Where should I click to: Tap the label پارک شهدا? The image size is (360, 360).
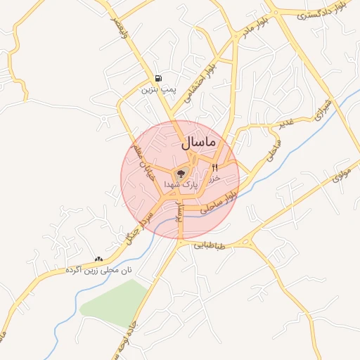[x=181, y=184]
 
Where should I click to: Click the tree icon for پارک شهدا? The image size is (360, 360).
[x=181, y=172]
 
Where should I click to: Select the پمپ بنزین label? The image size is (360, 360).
[x=157, y=90]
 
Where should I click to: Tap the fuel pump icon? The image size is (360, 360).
[x=159, y=78]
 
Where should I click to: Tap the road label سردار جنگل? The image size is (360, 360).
[x=138, y=227]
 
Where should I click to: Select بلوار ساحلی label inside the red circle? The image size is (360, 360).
[x=217, y=204]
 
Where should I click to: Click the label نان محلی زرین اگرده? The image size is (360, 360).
[x=99, y=270]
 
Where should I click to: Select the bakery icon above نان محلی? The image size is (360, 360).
[x=98, y=259]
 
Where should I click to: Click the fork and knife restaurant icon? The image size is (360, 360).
[x=214, y=167]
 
